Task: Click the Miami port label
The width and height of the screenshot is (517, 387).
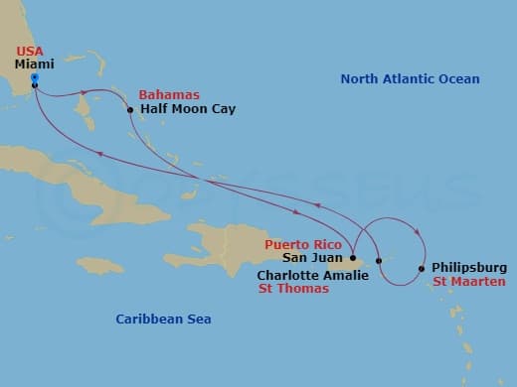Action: click(x=34, y=63)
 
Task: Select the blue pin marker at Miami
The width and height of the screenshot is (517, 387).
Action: click(x=34, y=76)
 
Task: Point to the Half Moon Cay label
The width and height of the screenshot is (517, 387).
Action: click(x=188, y=109)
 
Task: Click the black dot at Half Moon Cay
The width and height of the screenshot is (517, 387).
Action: click(x=130, y=109)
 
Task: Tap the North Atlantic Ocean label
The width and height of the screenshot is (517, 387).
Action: click(x=410, y=79)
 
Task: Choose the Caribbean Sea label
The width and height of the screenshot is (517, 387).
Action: click(x=163, y=319)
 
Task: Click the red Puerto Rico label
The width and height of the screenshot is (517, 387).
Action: click(x=303, y=244)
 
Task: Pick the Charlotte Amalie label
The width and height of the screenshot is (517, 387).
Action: click(x=313, y=275)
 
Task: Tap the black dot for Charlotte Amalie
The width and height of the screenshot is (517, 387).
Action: click(x=379, y=261)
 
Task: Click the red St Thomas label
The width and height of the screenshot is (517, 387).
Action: click(x=294, y=290)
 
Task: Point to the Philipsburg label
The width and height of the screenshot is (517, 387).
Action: click(x=470, y=268)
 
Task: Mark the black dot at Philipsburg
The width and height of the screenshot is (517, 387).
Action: click(x=422, y=268)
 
